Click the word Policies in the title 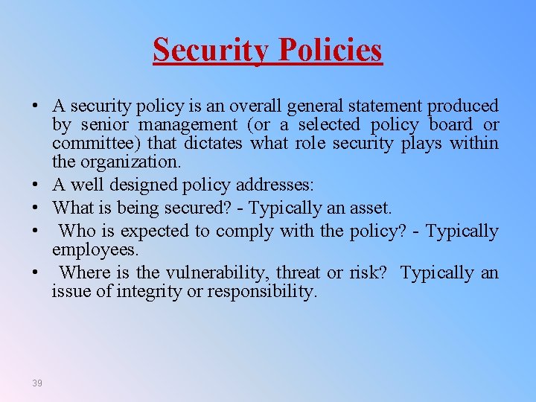(331, 50)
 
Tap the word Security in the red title (211, 50)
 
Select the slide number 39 (37, 383)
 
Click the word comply (248, 231)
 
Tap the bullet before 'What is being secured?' (36, 208)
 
